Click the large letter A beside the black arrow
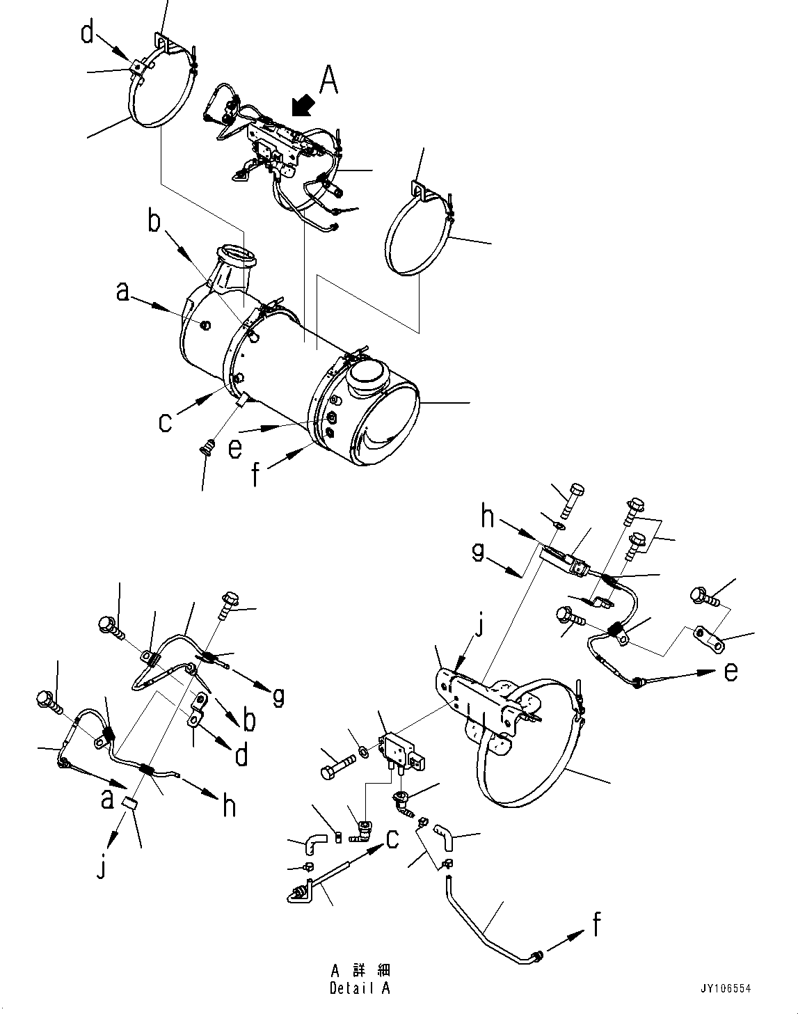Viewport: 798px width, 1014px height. [328, 80]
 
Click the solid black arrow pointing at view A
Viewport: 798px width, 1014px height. [301, 106]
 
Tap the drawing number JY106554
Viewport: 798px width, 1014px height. [726, 988]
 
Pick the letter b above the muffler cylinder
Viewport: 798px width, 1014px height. [154, 222]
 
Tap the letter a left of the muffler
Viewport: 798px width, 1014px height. [122, 293]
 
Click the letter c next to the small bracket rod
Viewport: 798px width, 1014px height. [392, 839]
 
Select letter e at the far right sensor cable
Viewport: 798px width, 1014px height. [730, 672]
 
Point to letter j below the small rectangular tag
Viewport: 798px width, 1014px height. [102, 868]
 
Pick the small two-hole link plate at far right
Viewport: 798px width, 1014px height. [708, 639]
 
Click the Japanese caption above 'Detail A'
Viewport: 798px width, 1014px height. [360, 971]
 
